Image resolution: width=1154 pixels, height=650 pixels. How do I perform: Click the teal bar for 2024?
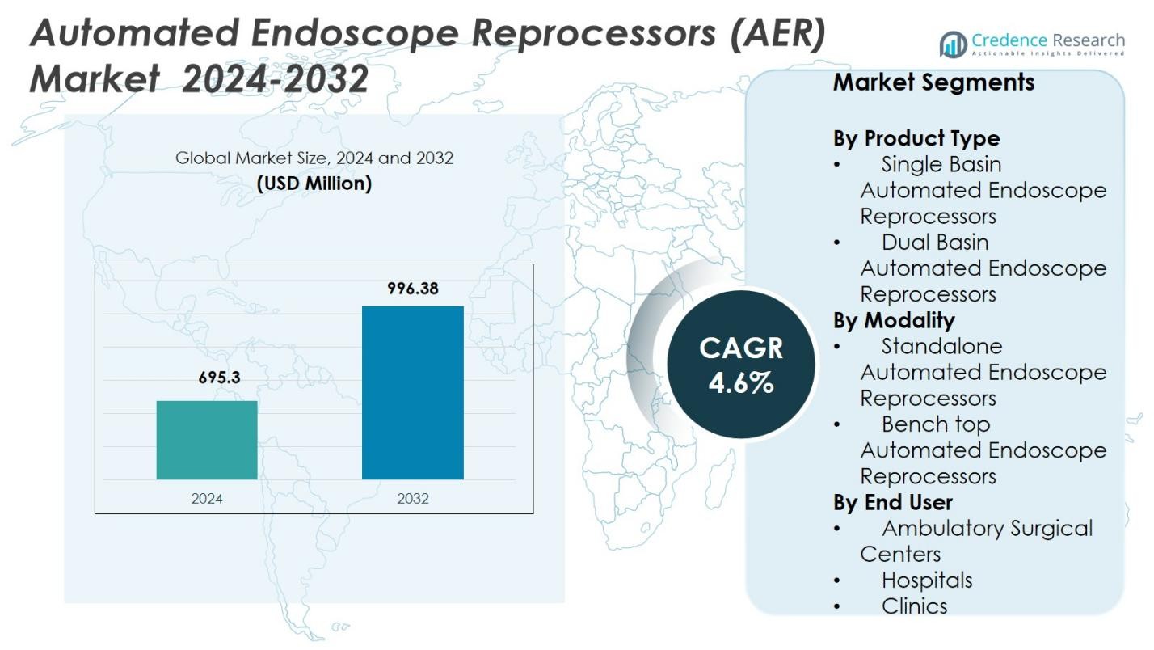point(207,440)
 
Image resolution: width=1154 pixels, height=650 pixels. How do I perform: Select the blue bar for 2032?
point(412,393)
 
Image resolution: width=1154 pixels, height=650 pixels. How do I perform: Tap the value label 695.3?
point(220,378)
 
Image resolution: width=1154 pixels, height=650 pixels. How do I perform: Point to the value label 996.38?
point(413,288)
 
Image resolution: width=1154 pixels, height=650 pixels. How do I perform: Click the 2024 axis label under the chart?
point(207,498)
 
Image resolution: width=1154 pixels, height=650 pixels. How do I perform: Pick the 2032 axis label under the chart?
point(413,498)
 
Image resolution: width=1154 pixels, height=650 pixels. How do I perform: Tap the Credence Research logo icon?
point(954,44)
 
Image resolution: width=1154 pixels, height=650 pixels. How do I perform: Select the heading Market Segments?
point(933,82)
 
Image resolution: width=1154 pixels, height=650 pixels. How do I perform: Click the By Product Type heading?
point(916,138)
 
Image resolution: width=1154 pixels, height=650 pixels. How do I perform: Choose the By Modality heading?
point(894,320)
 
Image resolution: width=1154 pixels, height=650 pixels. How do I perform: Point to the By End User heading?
point(892,502)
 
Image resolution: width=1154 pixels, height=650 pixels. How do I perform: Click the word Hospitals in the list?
point(927,580)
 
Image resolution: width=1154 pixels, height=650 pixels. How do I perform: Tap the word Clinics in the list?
point(914,606)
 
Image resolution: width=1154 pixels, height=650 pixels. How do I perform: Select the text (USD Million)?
point(314,184)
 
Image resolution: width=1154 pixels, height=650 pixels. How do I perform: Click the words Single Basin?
point(941,164)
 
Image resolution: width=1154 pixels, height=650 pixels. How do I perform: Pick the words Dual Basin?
point(935,242)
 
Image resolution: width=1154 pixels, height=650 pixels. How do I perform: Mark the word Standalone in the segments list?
point(941,346)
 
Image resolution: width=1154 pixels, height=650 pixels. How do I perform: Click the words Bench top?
point(936,424)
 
